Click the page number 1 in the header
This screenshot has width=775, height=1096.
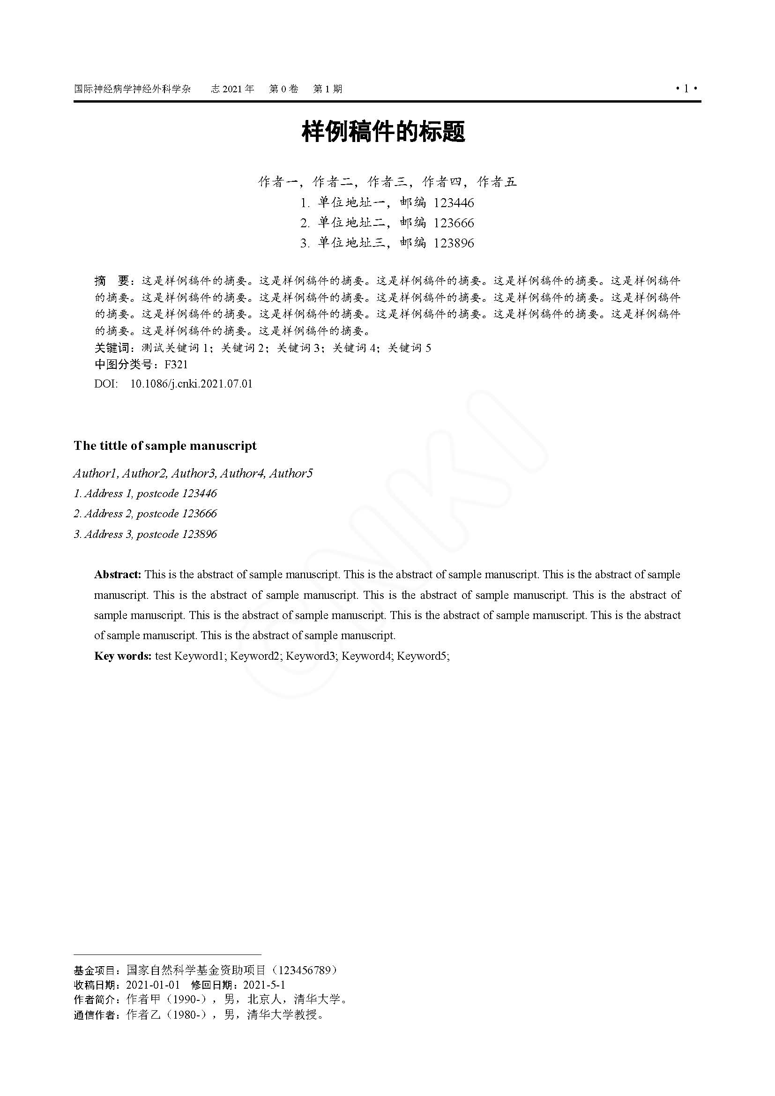point(686,89)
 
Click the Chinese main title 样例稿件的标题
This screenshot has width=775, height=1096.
point(383,132)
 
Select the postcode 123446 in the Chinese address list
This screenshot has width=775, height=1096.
point(454,203)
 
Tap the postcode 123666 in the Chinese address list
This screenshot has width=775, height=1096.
point(454,223)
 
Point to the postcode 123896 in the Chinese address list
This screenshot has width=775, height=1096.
point(454,243)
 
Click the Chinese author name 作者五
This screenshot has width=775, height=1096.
point(497,182)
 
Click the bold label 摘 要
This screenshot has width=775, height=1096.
point(112,281)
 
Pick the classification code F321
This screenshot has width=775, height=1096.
point(176,365)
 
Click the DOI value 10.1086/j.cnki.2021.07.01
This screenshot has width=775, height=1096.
point(191,384)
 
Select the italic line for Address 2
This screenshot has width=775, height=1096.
point(145,514)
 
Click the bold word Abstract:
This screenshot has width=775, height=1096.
point(118,574)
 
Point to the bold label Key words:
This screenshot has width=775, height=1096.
point(123,656)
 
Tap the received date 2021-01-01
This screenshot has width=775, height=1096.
point(153,985)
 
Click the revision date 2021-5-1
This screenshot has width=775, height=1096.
point(264,985)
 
